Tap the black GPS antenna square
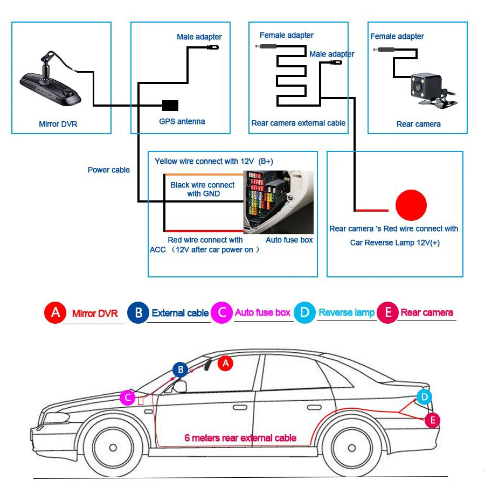point(170,105)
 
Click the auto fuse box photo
point(279,202)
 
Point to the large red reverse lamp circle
point(411,205)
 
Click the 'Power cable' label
point(109,170)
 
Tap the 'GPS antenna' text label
point(182,122)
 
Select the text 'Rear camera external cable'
point(299,123)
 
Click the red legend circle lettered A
point(54,312)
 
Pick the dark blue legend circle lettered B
point(137,312)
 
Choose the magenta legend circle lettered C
point(221,312)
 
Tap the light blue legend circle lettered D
point(304,312)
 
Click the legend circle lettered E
point(387,312)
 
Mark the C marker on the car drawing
point(127,398)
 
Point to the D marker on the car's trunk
point(424,398)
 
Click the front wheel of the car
point(112,447)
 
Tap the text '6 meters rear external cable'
point(240,438)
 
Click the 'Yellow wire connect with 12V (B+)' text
point(214,162)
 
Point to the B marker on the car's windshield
point(181,370)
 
